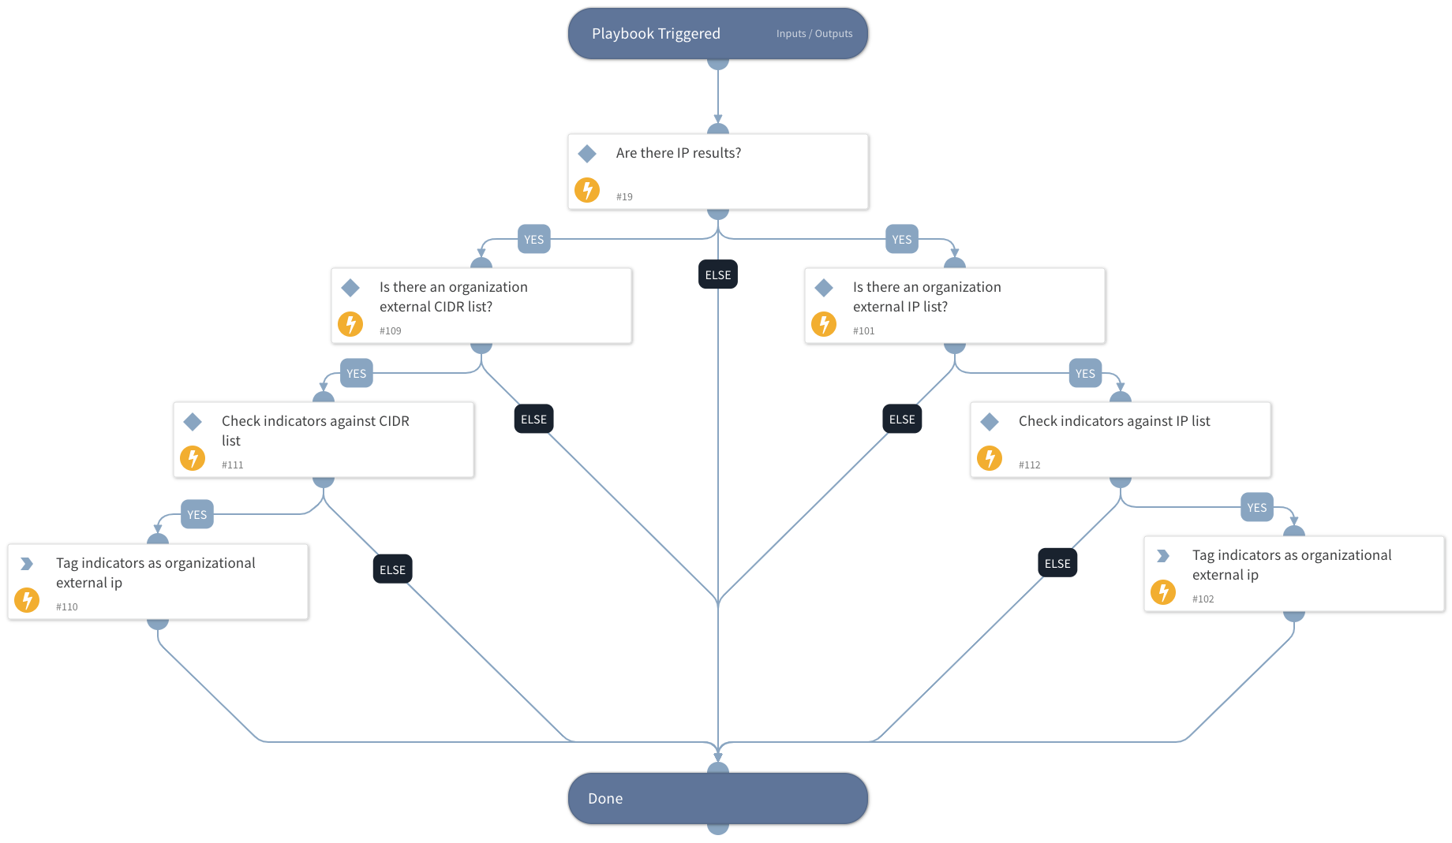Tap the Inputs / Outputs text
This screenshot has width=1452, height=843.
click(x=814, y=34)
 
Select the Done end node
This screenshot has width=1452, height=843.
click(x=717, y=798)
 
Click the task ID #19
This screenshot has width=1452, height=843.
click(x=624, y=197)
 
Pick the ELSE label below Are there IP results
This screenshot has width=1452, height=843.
click(x=717, y=274)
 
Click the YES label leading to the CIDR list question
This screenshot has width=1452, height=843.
click(x=533, y=240)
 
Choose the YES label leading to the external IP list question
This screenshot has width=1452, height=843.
click(x=901, y=240)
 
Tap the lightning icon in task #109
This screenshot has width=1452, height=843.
click(x=350, y=324)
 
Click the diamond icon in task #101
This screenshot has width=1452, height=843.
click(x=824, y=288)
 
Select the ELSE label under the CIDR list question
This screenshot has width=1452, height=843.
click(x=533, y=420)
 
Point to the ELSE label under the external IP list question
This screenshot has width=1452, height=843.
click(x=901, y=420)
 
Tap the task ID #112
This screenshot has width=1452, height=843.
click(x=1029, y=465)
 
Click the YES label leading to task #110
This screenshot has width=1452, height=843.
click(x=196, y=515)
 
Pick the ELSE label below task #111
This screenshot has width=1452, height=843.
click(x=392, y=569)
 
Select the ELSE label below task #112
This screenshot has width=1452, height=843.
click(x=1057, y=563)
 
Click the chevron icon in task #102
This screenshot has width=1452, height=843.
click(x=1162, y=556)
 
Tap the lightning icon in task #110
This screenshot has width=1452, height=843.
click(x=27, y=600)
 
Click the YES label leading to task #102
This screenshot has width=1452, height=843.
click(x=1256, y=508)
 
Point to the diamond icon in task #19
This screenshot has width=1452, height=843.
click(x=587, y=154)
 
